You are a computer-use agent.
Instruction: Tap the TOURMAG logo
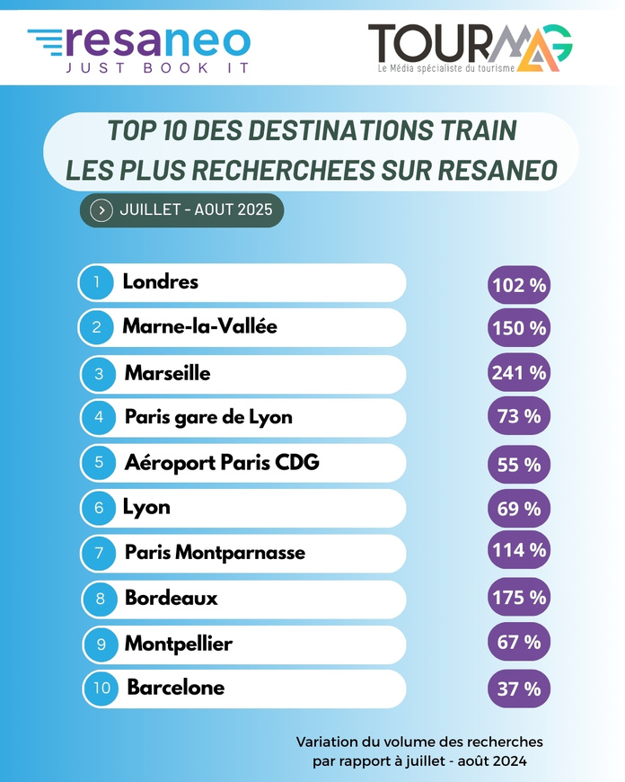pos(470,46)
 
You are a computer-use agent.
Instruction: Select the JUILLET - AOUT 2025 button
pos(181,210)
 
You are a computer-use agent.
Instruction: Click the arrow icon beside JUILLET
pos(102,210)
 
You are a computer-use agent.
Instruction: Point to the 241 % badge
pos(518,371)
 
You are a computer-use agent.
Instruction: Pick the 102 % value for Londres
pos(518,285)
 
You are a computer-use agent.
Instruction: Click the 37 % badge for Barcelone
pos(518,689)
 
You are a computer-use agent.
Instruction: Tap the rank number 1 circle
pos(96,282)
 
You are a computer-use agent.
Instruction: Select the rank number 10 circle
pos(101,689)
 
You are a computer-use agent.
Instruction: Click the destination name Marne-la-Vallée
pos(199,326)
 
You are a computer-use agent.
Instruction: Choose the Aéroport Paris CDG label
pos(222,462)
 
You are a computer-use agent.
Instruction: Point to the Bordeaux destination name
pos(171,598)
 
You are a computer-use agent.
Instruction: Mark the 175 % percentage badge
pos(518,597)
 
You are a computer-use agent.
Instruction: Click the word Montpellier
pos(178,644)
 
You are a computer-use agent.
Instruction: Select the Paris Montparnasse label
pos(215,552)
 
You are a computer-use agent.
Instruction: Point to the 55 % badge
pos(518,465)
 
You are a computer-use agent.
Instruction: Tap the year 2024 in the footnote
pos(508,761)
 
